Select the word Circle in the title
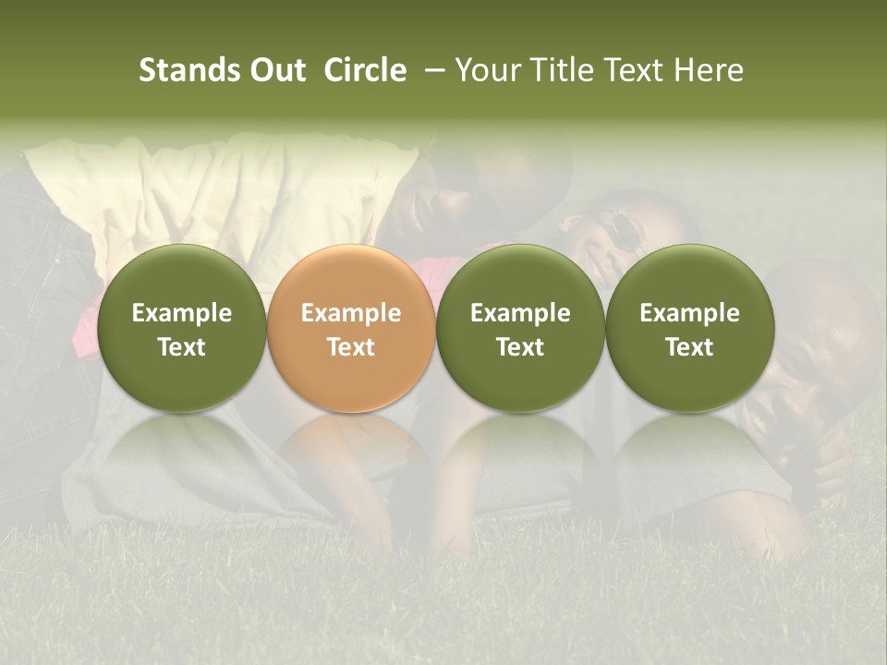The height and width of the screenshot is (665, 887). pyautogui.click(x=365, y=70)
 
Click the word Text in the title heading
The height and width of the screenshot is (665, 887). pyautogui.click(x=637, y=70)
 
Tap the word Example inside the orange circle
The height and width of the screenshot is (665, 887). pyautogui.click(x=350, y=313)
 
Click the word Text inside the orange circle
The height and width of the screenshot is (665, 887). pyautogui.click(x=350, y=347)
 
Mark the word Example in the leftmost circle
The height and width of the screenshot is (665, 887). pyautogui.click(x=181, y=313)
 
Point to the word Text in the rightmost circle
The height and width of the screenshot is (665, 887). pyautogui.click(x=689, y=347)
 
